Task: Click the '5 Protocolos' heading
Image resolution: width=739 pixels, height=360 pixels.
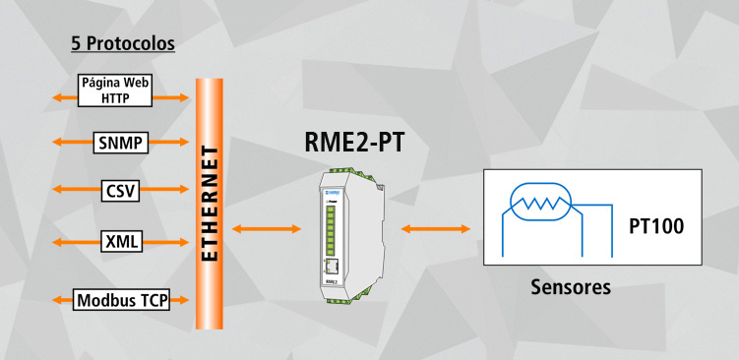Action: click(x=123, y=44)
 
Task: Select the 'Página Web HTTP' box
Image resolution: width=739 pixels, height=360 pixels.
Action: click(x=115, y=90)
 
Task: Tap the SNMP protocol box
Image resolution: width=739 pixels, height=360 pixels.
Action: click(x=121, y=143)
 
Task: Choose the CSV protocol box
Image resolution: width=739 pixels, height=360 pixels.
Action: click(x=120, y=190)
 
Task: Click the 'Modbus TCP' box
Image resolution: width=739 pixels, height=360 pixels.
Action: click(x=122, y=300)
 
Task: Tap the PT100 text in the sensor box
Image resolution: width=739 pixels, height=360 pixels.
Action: click(x=656, y=228)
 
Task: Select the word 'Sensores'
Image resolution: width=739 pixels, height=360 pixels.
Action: click(x=571, y=288)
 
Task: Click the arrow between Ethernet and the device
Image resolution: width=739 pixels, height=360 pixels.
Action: click(x=266, y=229)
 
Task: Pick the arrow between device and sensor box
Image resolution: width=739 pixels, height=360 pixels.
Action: click(x=435, y=229)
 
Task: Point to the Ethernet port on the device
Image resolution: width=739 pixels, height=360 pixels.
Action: click(x=334, y=269)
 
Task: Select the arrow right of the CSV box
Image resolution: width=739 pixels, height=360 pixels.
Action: click(x=164, y=190)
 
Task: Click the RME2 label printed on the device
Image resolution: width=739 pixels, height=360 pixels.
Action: click(x=331, y=282)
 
